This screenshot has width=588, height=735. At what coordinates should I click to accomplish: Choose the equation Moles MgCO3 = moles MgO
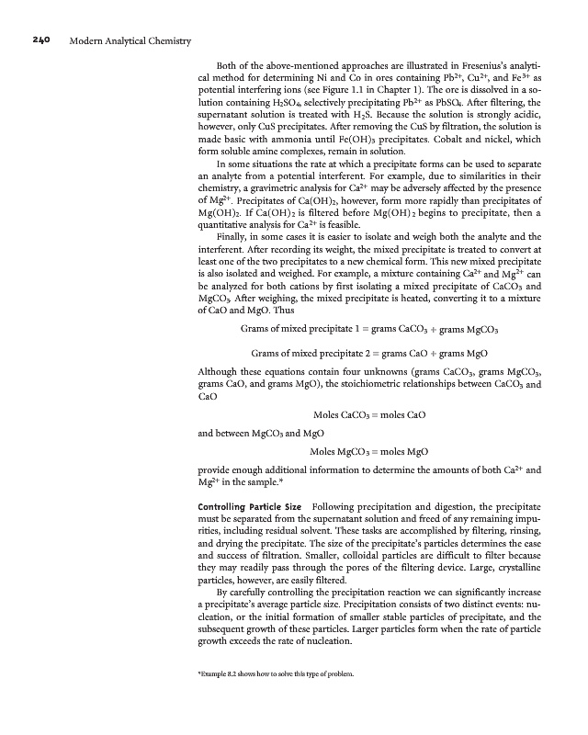coord(368,452)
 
